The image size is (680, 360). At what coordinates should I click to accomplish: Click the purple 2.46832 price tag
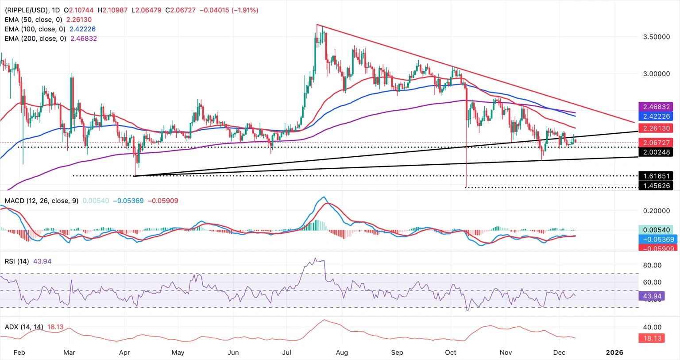pos(655,107)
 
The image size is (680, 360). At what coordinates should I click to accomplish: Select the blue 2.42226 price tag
pos(655,116)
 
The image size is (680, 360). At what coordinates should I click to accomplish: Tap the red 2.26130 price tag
pos(655,128)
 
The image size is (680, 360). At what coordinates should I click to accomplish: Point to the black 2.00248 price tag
pos(655,152)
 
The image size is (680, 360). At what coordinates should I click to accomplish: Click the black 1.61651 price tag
pos(655,176)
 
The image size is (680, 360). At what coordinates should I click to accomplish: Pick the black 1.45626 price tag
pos(655,186)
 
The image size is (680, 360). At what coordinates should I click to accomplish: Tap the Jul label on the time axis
pos(286,352)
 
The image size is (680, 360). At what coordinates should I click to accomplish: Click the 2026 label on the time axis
pos(614,352)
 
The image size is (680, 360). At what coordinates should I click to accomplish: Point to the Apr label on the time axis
pos(124,352)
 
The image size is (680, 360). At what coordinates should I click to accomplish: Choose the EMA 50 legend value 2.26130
pos(79,19)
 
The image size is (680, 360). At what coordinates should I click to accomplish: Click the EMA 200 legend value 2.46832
pos(84,39)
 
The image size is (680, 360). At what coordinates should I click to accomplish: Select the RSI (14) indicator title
pos(17,261)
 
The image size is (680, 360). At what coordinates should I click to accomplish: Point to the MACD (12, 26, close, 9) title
pos(41,201)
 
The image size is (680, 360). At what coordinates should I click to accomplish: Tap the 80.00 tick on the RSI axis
pos(652,265)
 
